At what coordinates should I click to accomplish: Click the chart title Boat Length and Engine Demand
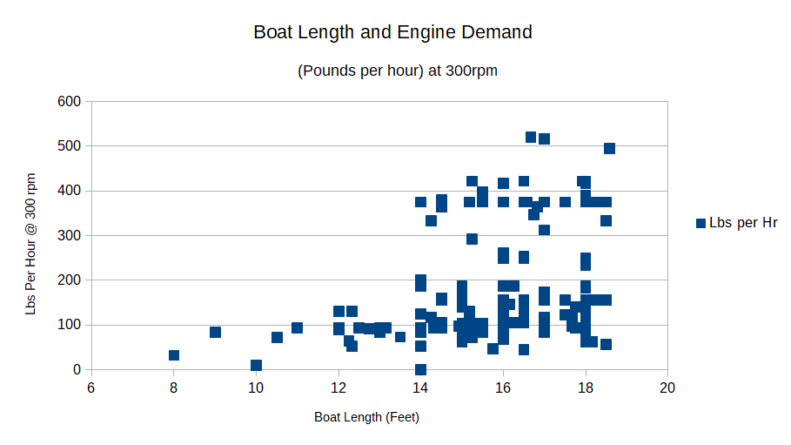[392, 33]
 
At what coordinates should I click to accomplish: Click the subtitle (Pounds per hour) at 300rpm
[398, 71]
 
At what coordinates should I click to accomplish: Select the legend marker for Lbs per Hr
[701, 224]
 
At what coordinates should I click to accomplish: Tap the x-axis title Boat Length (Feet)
[366, 417]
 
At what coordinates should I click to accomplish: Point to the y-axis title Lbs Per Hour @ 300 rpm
[30, 243]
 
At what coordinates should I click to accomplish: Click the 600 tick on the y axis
[69, 102]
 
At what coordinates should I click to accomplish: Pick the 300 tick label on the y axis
[69, 236]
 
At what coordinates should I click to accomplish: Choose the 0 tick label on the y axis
[77, 370]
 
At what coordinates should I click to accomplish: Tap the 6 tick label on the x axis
[91, 387]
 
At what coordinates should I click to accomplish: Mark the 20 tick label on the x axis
[668, 387]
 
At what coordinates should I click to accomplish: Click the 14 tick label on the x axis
[420, 387]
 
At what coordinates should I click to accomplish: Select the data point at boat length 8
[174, 355]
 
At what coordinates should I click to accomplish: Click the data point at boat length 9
[215, 333]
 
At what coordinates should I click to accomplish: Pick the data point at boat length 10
[256, 366]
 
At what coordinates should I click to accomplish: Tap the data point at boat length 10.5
[277, 338]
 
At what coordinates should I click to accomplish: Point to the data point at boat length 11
[297, 328]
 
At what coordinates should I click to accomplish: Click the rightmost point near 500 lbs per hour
[609, 149]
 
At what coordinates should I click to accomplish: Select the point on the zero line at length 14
[420, 369]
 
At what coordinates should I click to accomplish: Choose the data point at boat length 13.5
[400, 337]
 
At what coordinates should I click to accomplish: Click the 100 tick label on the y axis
[69, 325]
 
